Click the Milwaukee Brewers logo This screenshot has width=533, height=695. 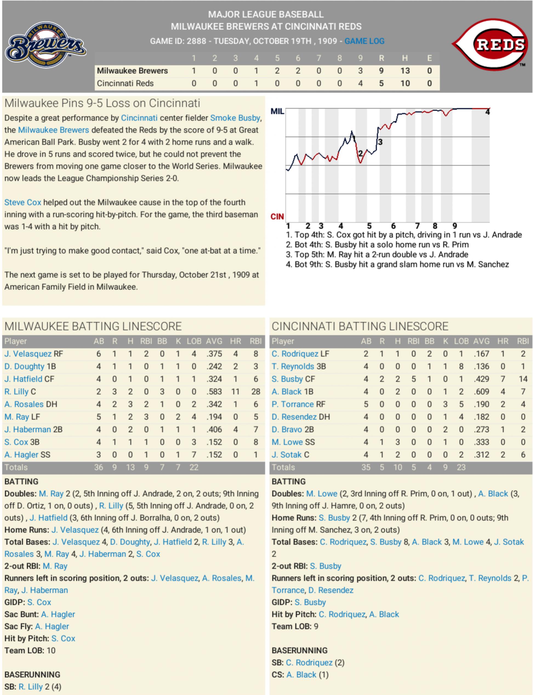45,45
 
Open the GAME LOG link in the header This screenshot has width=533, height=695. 364,41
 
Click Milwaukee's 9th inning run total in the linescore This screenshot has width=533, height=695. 360,71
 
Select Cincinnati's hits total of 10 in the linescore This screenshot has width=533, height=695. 404,83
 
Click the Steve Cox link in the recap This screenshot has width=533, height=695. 22,202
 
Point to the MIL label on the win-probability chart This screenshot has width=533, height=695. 277,111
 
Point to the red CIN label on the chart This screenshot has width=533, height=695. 277,217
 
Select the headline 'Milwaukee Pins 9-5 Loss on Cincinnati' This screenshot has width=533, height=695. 102,103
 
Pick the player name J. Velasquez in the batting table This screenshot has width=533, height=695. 28,354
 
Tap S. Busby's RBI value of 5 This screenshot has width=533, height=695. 413,379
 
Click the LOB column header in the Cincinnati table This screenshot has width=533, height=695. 461,341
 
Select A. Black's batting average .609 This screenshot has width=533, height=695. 481,392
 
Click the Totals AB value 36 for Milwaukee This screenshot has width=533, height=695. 98,467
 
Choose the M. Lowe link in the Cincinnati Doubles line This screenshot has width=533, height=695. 321,494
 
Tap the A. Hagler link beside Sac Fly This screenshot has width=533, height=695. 52,626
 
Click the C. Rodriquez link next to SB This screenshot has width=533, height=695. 309,663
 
